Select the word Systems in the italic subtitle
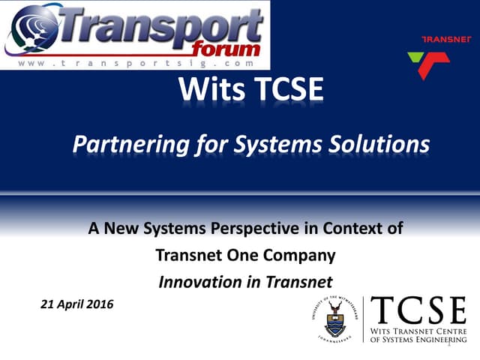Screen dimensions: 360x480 [x=288, y=142]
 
